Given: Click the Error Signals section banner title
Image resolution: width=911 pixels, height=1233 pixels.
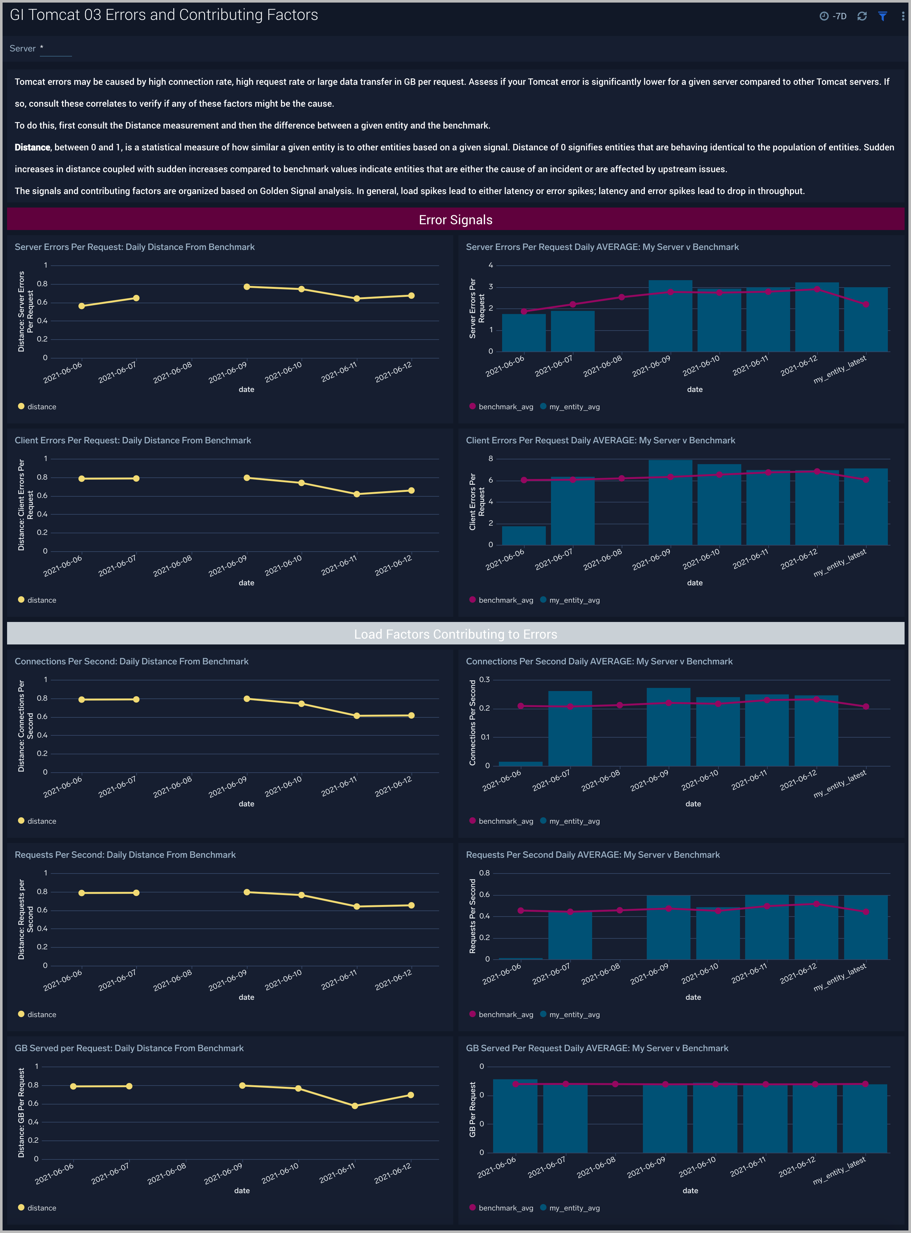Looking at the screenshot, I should [x=455, y=220].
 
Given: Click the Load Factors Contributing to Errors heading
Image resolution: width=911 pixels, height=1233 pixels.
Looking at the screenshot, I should [x=455, y=634].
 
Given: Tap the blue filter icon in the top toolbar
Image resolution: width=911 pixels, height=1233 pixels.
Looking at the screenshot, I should [x=882, y=16].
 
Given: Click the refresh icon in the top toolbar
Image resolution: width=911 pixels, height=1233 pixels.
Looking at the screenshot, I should [x=862, y=16].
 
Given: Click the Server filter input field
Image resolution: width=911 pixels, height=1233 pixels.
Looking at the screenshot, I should [x=57, y=49].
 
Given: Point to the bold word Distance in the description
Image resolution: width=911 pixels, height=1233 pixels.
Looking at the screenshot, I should [x=32, y=147].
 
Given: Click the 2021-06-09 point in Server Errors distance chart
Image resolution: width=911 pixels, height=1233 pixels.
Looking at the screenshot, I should [x=247, y=287].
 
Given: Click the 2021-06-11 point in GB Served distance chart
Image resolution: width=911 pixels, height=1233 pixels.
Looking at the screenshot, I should [x=355, y=1106].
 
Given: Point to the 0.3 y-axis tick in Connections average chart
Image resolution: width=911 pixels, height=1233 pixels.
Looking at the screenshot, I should [x=484, y=679].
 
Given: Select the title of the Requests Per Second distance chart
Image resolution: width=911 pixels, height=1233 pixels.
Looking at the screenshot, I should [x=125, y=855].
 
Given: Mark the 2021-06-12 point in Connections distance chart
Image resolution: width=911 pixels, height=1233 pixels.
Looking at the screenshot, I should [x=411, y=715].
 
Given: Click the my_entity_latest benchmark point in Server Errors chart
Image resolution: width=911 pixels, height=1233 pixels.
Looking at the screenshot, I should [x=866, y=304].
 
